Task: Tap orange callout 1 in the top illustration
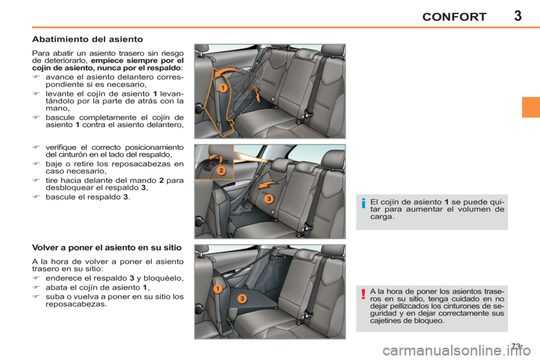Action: (x=223, y=88)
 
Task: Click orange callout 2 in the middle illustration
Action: (x=221, y=170)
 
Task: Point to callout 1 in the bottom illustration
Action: (x=217, y=289)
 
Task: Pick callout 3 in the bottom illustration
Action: (x=241, y=298)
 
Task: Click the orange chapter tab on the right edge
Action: (x=530, y=106)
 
